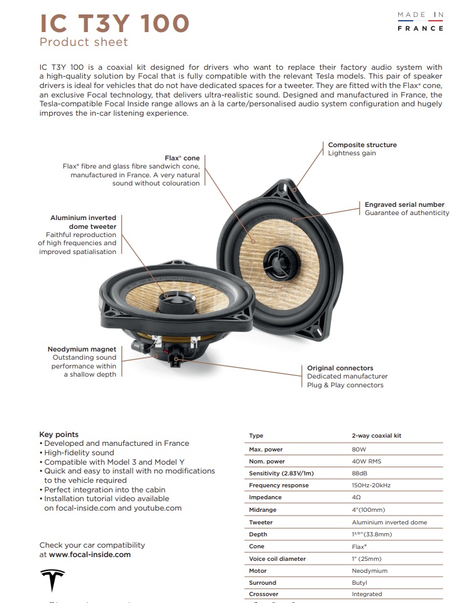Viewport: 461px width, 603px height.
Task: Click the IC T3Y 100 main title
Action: click(114, 23)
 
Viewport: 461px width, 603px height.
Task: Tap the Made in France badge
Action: click(420, 21)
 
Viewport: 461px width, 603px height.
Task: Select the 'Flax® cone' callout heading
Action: click(182, 158)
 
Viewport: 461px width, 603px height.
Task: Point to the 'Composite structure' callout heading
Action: click(362, 145)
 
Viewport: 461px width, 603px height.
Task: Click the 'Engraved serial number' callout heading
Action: click(404, 204)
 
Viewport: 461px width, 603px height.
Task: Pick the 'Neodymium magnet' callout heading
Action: click(82, 349)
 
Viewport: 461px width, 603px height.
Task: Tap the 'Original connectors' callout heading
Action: click(340, 368)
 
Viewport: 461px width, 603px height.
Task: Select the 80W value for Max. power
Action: click(359, 450)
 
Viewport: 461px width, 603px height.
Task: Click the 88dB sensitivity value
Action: click(359, 473)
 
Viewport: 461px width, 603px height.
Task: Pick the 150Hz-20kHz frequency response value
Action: click(371, 485)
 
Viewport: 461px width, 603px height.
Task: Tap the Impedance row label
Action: click(265, 497)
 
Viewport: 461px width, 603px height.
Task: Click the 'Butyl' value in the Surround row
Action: click(359, 583)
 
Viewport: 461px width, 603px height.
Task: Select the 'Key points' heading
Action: click(58, 434)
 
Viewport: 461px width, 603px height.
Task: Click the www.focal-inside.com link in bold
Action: click(89, 555)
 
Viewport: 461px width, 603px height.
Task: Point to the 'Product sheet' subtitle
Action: click(84, 42)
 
